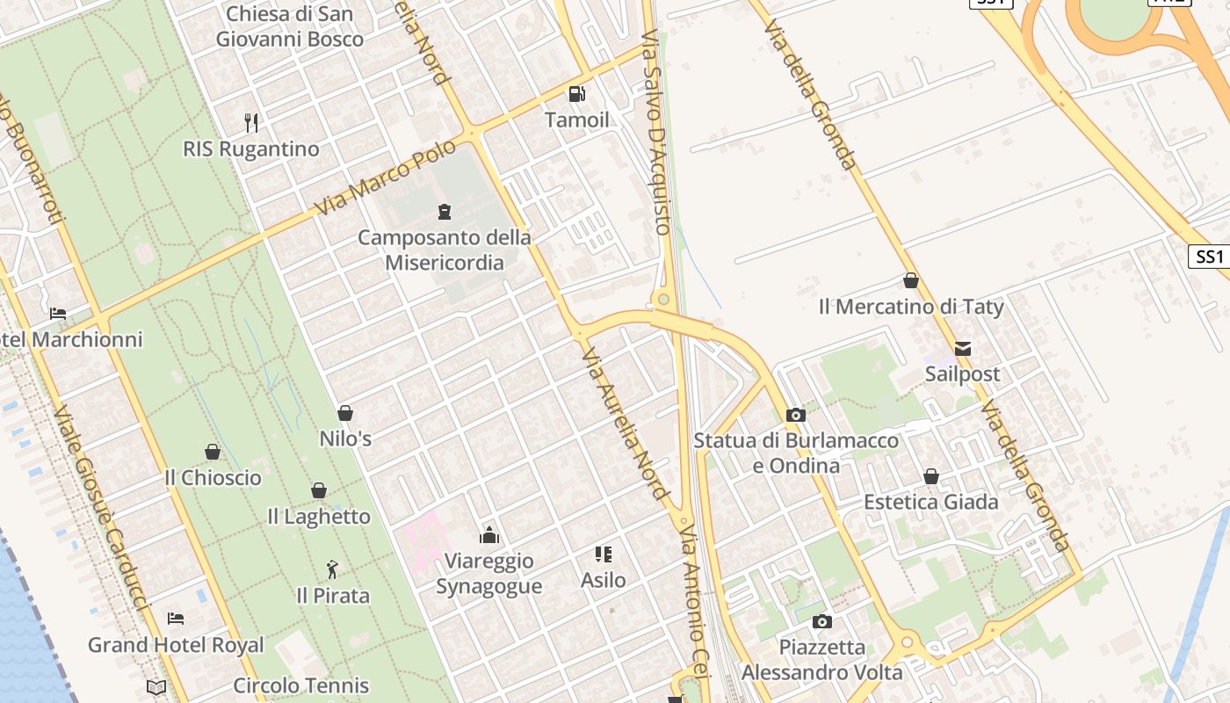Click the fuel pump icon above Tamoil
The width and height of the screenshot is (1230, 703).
[576, 93]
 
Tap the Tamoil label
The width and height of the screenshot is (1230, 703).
[576, 120]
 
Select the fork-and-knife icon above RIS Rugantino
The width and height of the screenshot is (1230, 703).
[251, 122]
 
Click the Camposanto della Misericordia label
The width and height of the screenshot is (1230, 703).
[445, 250]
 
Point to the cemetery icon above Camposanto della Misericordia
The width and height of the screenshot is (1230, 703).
[445, 211]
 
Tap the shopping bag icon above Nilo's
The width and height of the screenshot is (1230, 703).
[345, 412]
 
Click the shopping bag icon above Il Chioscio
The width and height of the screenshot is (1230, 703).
[213, 452]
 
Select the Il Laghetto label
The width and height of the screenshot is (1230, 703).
[319, 517]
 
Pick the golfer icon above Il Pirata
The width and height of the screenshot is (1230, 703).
[332, 569]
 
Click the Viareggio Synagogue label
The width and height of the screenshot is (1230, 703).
[489, 574]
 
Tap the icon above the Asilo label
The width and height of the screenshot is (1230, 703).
[603, 554]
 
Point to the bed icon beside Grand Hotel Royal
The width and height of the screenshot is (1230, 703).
[176, 619]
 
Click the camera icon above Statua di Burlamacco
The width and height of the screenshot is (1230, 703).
[796, 415]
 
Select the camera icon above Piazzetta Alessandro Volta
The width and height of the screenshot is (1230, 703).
[822, 621]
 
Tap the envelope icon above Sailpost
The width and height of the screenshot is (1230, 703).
[963, 348]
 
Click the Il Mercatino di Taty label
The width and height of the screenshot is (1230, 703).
[911, 307]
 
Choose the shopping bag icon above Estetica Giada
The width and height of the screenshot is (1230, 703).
[931, 476]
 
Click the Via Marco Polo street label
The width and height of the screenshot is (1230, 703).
[387, 178]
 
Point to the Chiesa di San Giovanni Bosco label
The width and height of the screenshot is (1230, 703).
[290, 26]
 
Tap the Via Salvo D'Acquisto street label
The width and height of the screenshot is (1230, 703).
[657, 132]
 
